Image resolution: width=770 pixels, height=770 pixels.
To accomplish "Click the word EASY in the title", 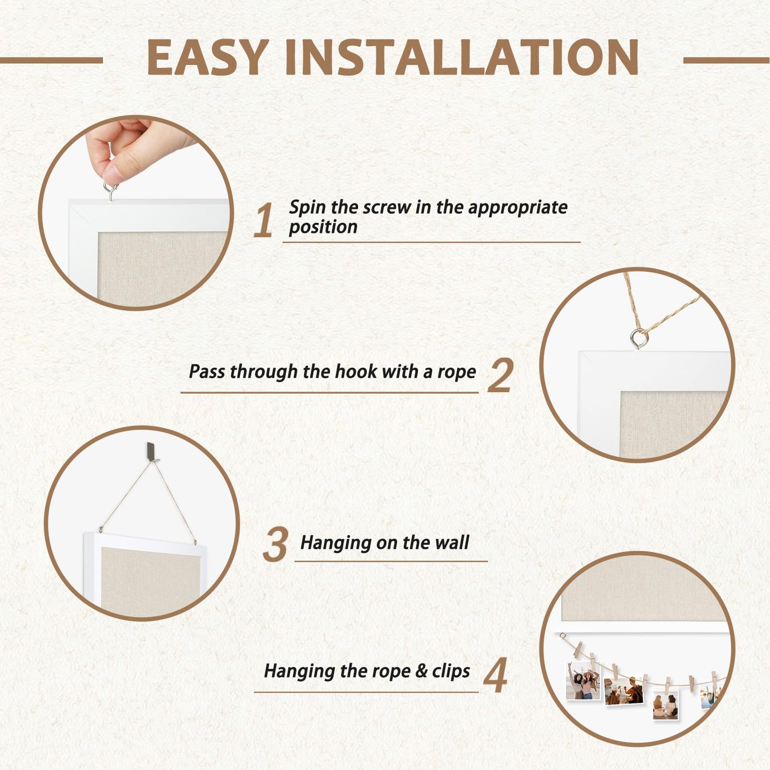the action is point(208,57).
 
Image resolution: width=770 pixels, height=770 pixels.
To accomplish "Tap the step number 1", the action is point(263,220).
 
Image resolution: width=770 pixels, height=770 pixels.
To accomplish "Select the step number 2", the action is point(500,375).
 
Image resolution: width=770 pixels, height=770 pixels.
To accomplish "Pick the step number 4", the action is point(496,675).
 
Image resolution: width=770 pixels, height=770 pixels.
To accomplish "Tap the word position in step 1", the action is point(323,228).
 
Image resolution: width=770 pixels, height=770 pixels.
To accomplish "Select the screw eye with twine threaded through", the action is point(639,338).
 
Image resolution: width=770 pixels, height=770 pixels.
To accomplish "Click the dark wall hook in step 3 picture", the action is point(150,451).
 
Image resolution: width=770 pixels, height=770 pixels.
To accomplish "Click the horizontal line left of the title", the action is point(52,60).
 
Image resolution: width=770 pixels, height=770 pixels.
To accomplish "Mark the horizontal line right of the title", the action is point(726,60).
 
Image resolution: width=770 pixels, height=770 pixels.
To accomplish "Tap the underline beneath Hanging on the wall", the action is point(391,562).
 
